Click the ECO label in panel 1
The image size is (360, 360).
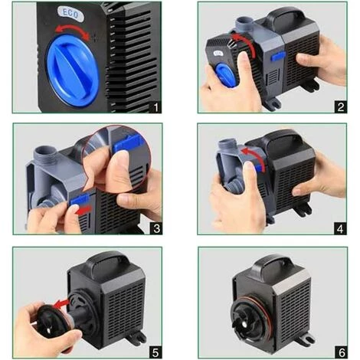pos(70,13)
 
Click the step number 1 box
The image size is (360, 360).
pos(155,106)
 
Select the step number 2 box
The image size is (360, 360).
pos(340,106)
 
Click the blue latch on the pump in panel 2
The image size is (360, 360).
pos(278,56)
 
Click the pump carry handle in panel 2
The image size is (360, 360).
pos(286,16)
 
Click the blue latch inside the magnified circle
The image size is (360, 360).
pos(128,144)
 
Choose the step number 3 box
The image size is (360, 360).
pos(156,228)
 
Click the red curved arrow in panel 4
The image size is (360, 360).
pos(255,155)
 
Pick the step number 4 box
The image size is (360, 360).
pos(340,228)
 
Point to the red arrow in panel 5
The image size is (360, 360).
pos(61,304)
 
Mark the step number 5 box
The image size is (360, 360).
pos(155,352)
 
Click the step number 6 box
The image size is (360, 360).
pos(341,352)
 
